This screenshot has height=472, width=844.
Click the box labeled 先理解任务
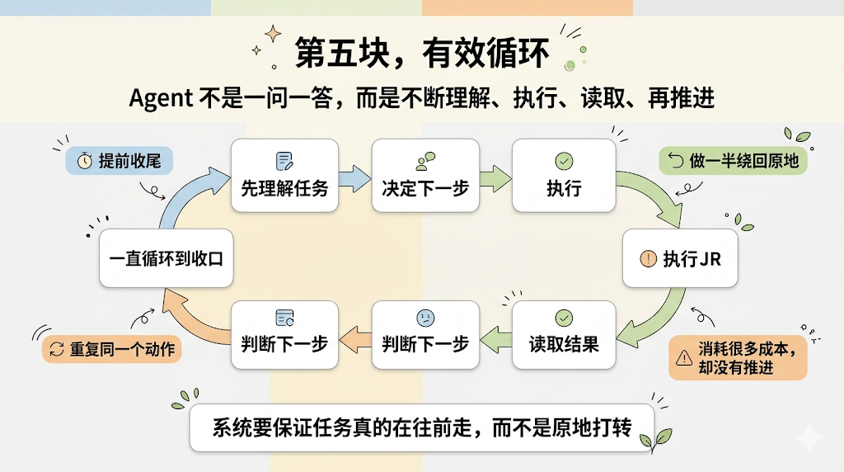click(284, 174)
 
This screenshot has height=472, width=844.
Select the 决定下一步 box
click(425, 174)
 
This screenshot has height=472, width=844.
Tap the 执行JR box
click(680, 258)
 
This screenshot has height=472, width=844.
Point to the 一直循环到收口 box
click(166, 258)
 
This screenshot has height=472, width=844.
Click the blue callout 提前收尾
click(119, 161)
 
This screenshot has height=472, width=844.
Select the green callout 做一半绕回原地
click(734, 161)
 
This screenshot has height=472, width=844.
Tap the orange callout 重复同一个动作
click(112, 349)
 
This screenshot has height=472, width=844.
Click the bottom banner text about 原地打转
click(421, 427)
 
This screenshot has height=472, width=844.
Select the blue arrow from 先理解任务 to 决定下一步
click(354, 176)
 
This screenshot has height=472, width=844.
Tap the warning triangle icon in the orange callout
click(683, 357)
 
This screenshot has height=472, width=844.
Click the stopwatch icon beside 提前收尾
click(84, 162)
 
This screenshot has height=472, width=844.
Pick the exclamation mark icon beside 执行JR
click(648, 258)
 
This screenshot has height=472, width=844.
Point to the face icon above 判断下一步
click(424, 318)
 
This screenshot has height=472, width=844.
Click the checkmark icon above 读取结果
click(564, 318)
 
